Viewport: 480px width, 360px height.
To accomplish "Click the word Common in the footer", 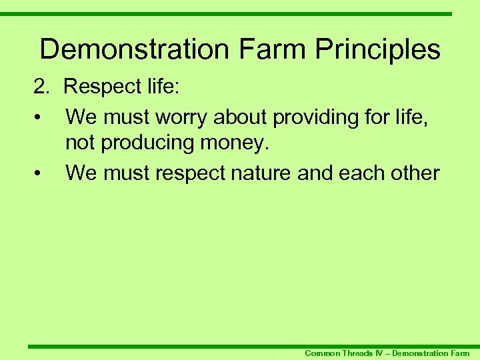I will tap(322, 353).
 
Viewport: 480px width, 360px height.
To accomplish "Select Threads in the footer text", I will tap(358, 353).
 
